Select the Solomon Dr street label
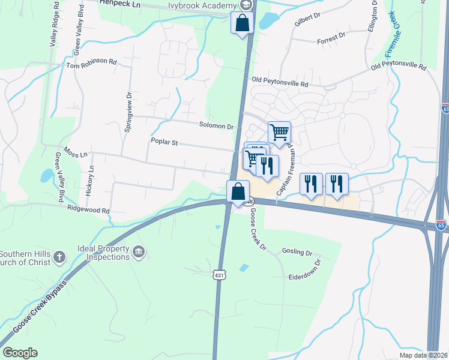pyautogui.click(x=216, y=126)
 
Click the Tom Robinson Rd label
pyautogui.click(x=91, y=62)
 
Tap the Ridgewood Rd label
pyautogui.click(x=88, y=211)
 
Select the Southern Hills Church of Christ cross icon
pyautogui.click(x=59, y=257)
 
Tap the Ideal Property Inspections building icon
pyautogui.click(x=139, y=250)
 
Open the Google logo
pyautogui.click(x=20, y=353)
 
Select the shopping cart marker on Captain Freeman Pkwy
pyautogui.click(x=279, y=132)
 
